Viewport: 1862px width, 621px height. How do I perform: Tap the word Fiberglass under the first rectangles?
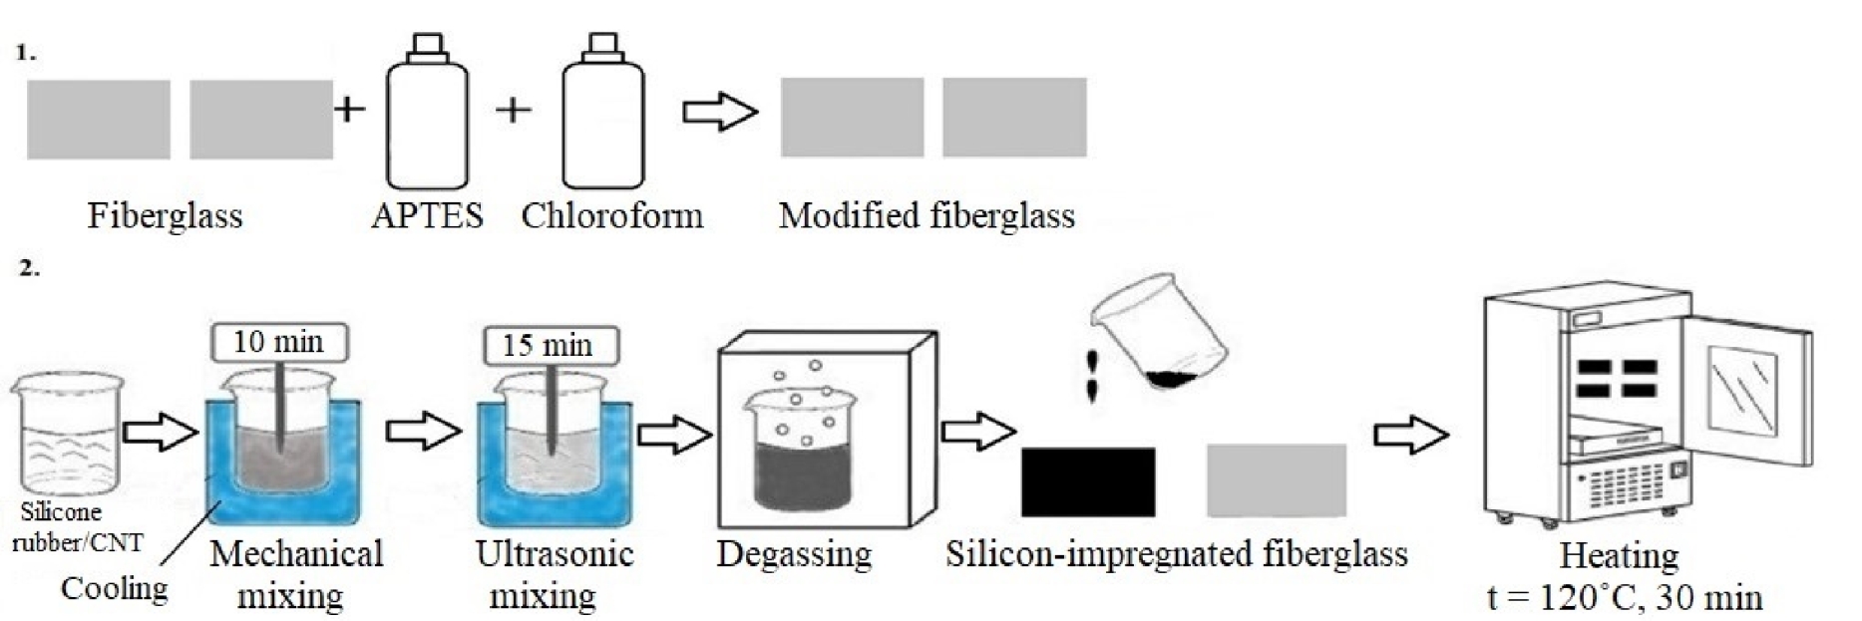tap(165, 215)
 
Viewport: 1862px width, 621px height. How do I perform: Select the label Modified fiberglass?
tap(927, 215)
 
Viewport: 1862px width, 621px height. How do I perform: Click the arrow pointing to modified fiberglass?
tap(719, 112)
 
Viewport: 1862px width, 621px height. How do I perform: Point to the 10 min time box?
tap(278, 343)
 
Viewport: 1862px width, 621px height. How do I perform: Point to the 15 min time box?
tap(548, 346)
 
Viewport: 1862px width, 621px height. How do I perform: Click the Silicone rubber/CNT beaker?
tap(68, 434)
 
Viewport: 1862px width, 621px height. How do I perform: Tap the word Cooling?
tap(114, 588)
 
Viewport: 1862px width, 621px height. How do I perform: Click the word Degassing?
tap(794, 554)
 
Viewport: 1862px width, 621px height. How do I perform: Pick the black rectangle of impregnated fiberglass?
tap(1088, 481)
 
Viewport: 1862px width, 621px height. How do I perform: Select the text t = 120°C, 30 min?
tap(1624, 597)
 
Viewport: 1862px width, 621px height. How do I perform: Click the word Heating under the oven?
tap(1619, 554)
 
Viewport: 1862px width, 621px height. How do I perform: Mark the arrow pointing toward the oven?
tap(1410, 435)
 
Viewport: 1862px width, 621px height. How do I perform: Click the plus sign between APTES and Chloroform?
tap(513, 109)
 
